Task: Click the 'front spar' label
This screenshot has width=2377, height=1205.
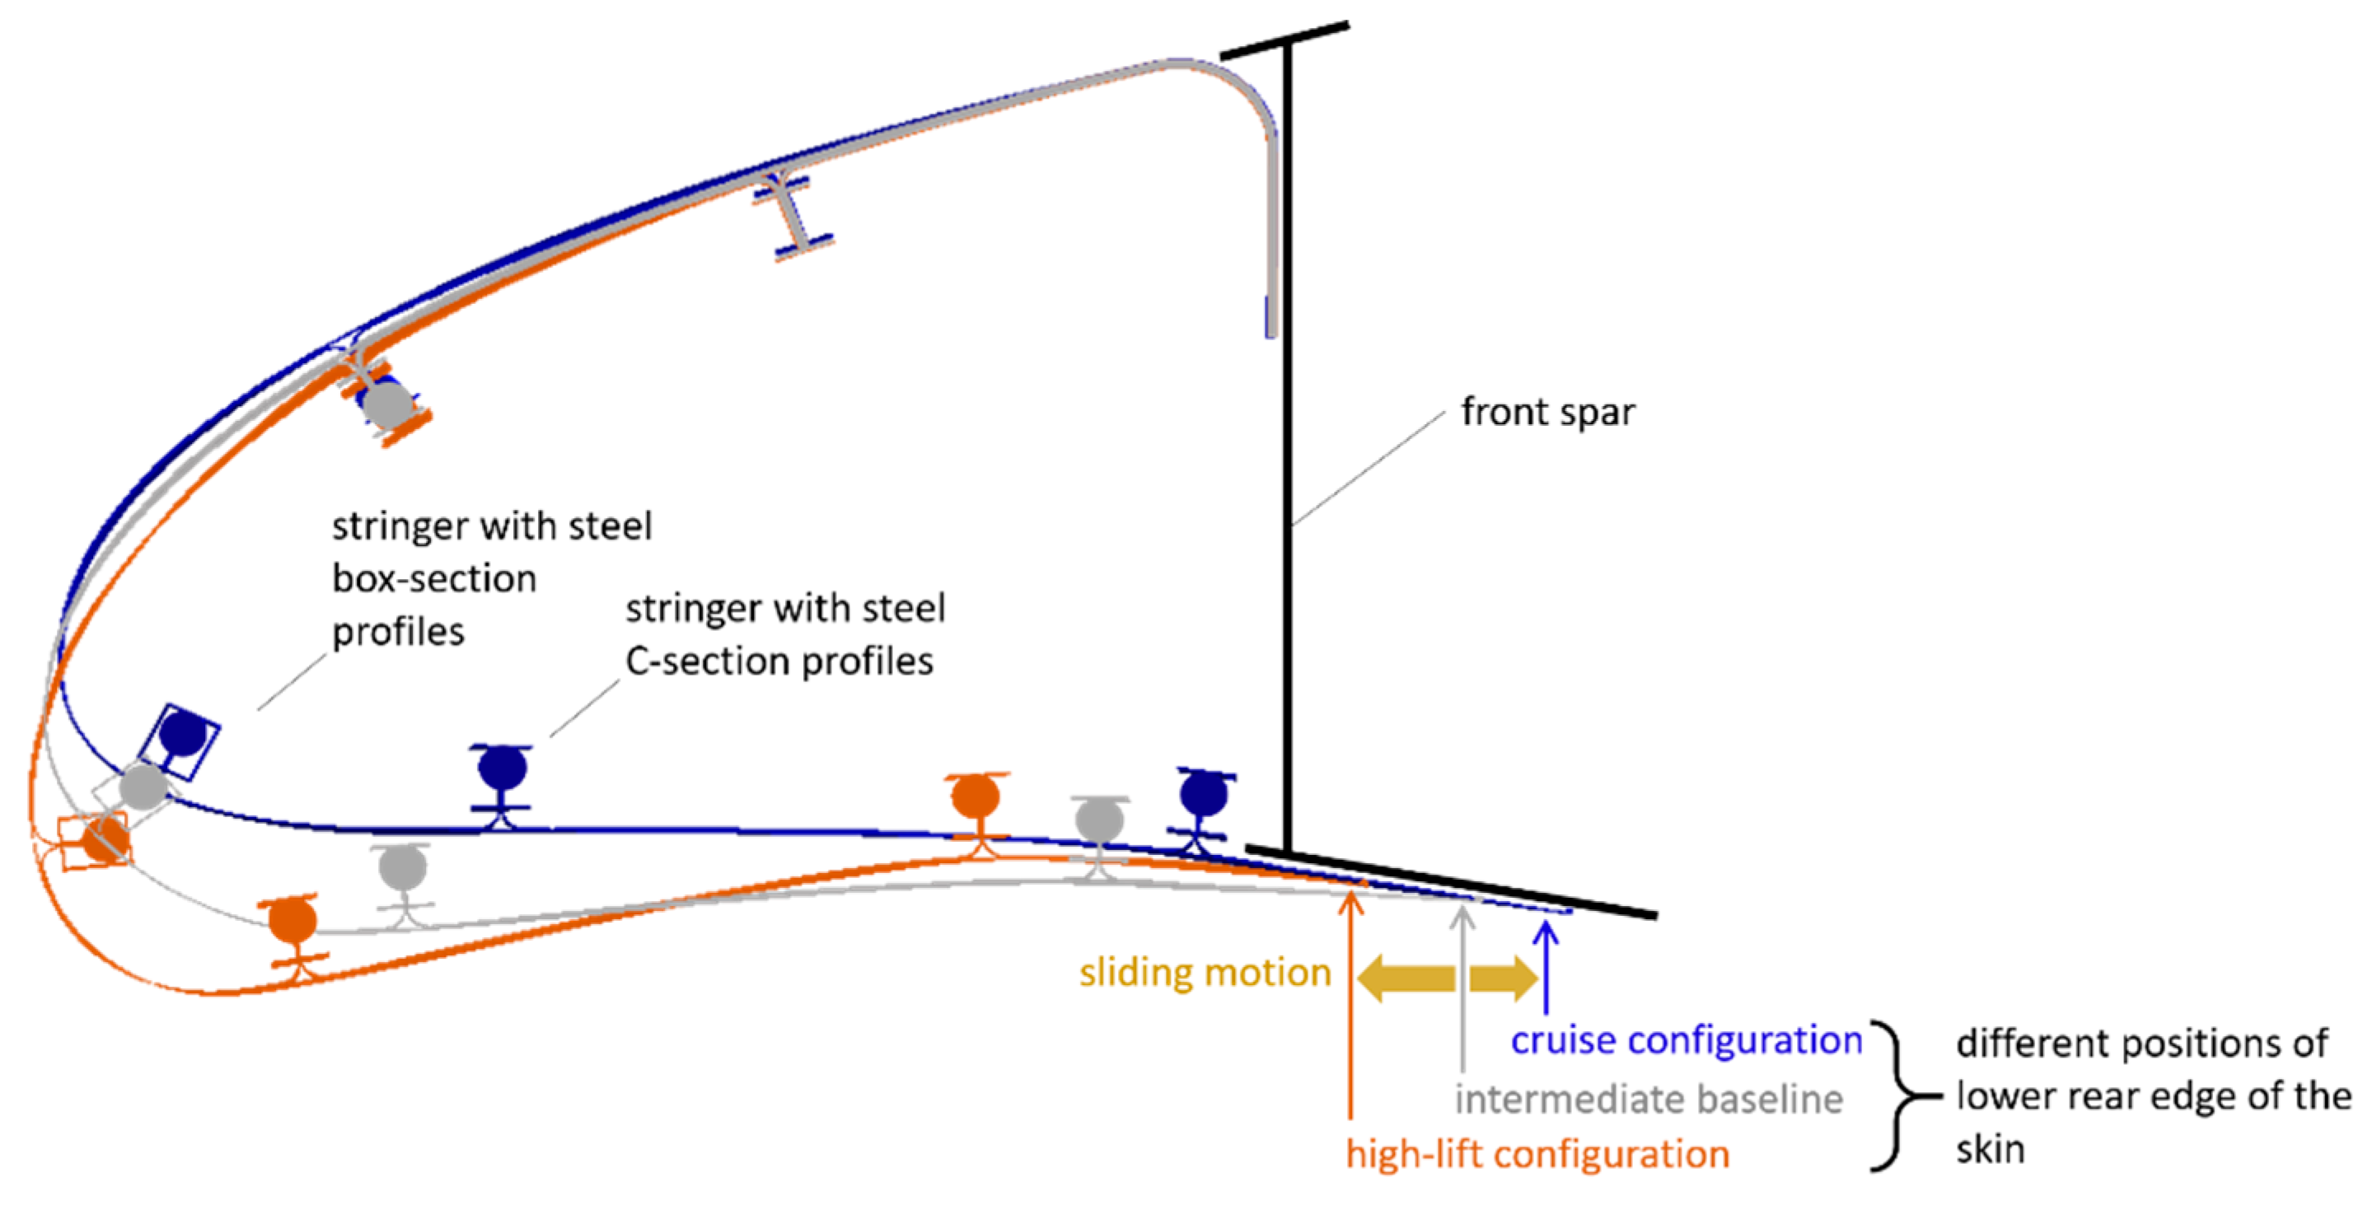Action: [x=1547, y=413]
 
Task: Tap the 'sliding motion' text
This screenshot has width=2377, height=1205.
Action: [x=1205, y=974]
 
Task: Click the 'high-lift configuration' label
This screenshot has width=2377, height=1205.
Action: [x=1537, y=1154]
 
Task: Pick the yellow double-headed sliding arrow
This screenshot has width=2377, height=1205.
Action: [x=1448, y=978]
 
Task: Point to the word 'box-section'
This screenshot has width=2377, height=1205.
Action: [x=433, y=579]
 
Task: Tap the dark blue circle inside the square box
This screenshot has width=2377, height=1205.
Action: [x=184, y=734]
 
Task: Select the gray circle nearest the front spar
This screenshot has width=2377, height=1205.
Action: [x=1099, y=819]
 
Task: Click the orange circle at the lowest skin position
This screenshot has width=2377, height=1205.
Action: [x=292, y=920]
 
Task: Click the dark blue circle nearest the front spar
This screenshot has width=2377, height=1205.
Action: [x=1203, y=793]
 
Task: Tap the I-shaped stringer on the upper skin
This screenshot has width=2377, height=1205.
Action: [x=793, y=213]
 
